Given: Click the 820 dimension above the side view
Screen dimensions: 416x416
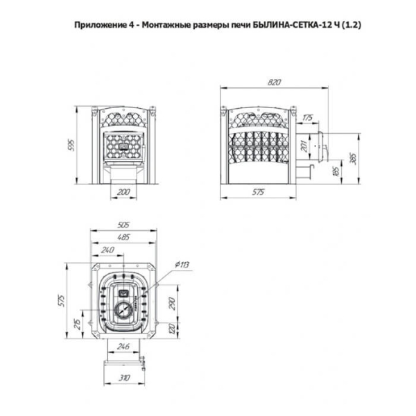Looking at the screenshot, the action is coord(274,83).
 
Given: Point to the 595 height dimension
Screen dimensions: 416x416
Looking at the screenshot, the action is coord(71,145).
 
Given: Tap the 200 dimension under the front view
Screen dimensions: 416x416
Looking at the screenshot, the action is coord(123,192).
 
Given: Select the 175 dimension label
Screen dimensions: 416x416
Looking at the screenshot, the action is coord(308,118).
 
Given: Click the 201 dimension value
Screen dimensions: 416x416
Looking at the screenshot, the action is coord(304,146).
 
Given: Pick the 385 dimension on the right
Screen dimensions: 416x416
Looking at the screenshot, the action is coord(354,158).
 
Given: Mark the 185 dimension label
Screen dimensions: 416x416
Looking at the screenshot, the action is coord(336,172).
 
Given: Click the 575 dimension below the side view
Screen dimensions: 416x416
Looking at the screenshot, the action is coord(258,191).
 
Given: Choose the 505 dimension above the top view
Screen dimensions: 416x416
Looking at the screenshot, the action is coord(123,225).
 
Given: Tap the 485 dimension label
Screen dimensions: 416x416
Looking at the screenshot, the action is coord(123,237).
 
